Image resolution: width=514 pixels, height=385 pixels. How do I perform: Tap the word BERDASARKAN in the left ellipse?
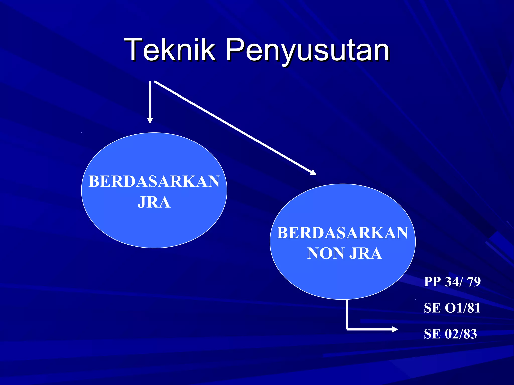[154, 181]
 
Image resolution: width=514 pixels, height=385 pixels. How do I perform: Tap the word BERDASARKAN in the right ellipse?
[342, 233]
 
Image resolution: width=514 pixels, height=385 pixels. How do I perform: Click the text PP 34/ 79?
[452, 281]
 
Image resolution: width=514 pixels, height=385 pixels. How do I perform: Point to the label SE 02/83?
[450, 334]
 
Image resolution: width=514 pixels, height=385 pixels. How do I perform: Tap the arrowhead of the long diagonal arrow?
[313, 173]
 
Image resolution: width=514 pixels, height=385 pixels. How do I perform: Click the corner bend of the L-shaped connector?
[347, 329]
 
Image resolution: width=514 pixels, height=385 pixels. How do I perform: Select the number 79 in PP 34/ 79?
[474, 281]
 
